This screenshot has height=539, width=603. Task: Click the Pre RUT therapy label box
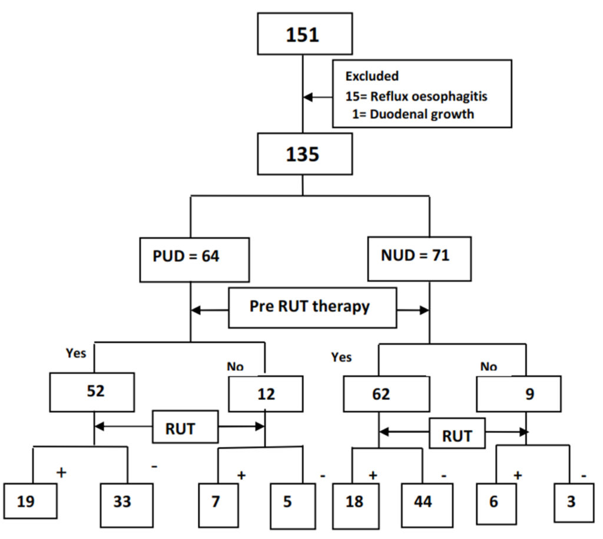312,307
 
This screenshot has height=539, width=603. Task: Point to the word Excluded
372,76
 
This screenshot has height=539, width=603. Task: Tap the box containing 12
266,394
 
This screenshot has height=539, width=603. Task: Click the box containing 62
381,394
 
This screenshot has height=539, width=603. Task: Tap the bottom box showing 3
570,502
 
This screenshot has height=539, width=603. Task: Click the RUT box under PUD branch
180,429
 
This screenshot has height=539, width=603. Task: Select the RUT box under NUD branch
457,435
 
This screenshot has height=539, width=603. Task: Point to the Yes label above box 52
77,353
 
